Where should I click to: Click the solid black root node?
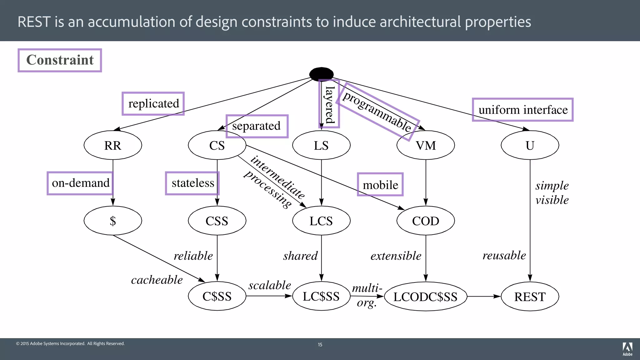(x=321, y=74)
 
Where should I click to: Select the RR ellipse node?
(x=113, y=145)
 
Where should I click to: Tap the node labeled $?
(x=113, y=221)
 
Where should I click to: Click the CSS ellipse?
(x=217, y=221)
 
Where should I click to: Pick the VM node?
(x=426, y=145)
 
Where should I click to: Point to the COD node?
(x=426, y=221)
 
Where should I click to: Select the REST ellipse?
(x=530, y=296)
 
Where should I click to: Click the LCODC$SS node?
(x=426, y=296)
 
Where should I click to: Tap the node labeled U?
(x=530, y=145)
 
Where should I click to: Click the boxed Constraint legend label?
(x=60, y=60)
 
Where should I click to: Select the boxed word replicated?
(x=153, y=103)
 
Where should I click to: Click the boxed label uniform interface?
(x=523, y=110)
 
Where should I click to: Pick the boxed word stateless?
(x=192, y=183)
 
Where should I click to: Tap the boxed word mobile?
(x=380, y=185)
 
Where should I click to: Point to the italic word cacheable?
(x=157, y=280)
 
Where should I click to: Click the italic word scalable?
(x=270, y=285)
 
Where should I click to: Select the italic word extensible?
(x=396, y=256)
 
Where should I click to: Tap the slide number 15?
(x=320, y=344)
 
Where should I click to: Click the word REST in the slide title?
(x=34, y=22)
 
